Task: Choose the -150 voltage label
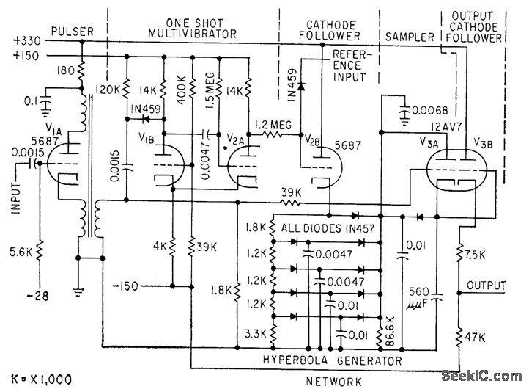point(147,285)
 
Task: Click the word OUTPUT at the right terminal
point(491,285)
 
